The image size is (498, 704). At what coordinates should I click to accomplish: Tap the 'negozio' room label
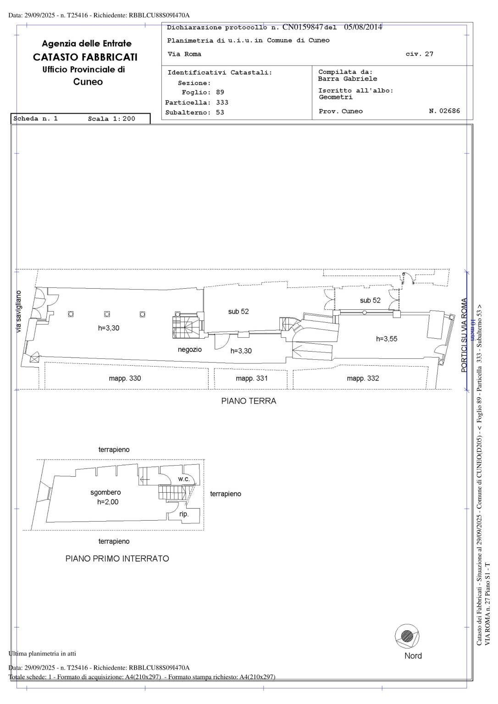[190, 350]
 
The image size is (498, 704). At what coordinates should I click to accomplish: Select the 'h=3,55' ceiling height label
[387, 339]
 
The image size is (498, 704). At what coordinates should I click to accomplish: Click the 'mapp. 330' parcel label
[125, 379]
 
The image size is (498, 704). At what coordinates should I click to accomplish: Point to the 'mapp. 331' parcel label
[251, 379]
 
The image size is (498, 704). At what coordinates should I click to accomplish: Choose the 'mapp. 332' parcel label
[363, 379]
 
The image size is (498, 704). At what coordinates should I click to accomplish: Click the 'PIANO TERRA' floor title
[249, 401]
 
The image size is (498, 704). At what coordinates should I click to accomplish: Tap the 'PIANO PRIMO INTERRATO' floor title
[117, 559]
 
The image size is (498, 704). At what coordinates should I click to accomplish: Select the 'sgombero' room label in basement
[105, 493]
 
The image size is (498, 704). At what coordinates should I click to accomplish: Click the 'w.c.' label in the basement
[184, 479]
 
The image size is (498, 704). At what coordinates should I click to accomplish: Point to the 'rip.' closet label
[184, 514]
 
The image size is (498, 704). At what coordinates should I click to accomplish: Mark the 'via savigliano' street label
[19, 312]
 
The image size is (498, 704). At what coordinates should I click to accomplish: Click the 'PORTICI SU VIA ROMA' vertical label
[464, 335]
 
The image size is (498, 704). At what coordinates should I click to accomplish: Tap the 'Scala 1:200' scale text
[111, 119]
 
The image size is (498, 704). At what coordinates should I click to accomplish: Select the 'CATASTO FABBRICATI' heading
[85, 57]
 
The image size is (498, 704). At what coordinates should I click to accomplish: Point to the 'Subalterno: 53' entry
[194, 113]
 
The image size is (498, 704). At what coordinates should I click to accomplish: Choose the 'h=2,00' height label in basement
[108, 502]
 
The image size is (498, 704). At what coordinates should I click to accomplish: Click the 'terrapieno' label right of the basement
[225, 494]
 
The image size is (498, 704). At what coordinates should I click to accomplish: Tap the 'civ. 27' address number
[419, 54]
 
